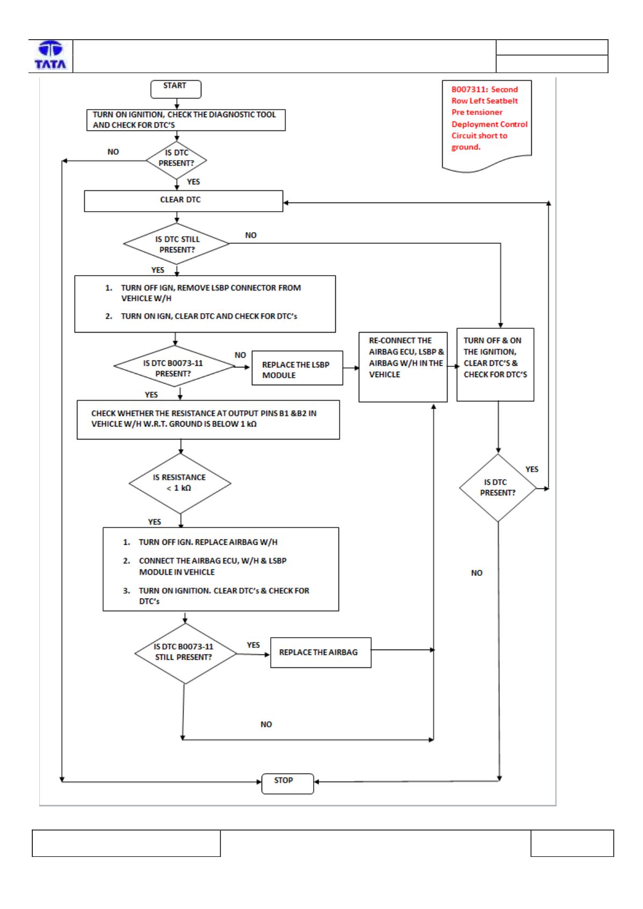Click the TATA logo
pos(50,55)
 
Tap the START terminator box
pos(176,89)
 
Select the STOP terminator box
pos(287,784)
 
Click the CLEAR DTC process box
pos(183,201)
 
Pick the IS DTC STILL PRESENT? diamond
pos(177,244)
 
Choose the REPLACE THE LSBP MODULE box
pos(297,368)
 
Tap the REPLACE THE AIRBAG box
pos(321,653)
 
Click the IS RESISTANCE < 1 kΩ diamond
pos(180,484)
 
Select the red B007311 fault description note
pos(486,126)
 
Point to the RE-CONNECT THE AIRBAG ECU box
pos(403,367)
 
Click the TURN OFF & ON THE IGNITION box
pos(495,364)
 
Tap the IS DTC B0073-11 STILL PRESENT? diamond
pos(185,654)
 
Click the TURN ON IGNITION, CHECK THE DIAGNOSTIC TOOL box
pos(186,120)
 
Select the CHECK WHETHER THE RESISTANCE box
pos(208,420)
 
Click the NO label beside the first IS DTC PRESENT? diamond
pos(113,152)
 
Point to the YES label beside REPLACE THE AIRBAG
pos(253,645)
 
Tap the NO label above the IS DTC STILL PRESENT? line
pos(251,235)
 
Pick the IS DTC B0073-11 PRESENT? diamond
pos(174,366)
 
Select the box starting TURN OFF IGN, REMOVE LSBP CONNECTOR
pos(205,304)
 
